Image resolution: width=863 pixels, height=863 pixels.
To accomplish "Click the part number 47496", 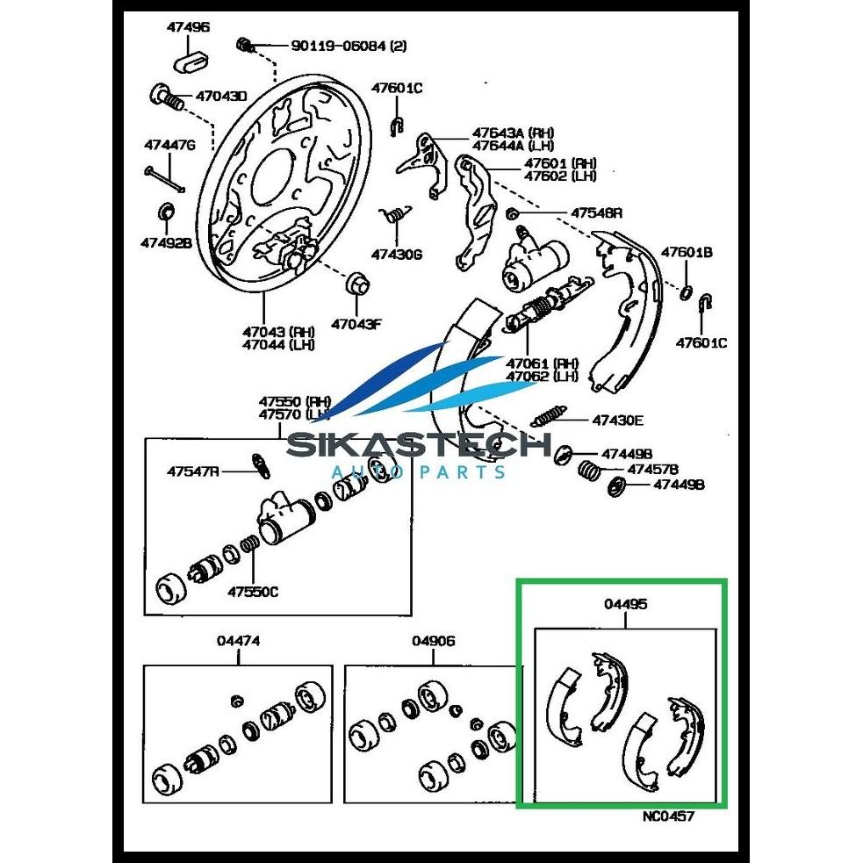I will [188, 27].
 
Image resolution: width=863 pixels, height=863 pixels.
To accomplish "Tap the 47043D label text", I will [220, 96].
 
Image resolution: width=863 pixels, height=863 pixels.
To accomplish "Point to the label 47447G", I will [169, 144].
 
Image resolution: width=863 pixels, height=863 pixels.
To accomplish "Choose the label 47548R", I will [596, 212].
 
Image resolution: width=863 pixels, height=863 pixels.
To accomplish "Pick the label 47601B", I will [687, 253].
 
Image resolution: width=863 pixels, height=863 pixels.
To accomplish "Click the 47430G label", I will [396, 255].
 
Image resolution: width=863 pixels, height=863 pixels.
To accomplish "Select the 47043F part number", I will [356, 324].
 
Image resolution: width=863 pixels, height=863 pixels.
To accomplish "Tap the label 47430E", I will [617, 420].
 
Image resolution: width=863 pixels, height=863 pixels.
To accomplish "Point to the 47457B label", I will [652, 470].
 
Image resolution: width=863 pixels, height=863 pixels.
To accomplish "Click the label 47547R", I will [192, 471].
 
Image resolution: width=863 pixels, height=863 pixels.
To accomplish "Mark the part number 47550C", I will [253, 591].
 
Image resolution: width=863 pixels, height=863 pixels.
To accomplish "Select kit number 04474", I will [238, 642].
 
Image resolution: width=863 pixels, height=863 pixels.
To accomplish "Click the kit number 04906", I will [434, 641].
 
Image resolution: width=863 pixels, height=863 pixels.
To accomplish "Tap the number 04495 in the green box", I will [626, 604].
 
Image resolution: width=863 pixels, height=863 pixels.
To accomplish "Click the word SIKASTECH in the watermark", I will [419, 447].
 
